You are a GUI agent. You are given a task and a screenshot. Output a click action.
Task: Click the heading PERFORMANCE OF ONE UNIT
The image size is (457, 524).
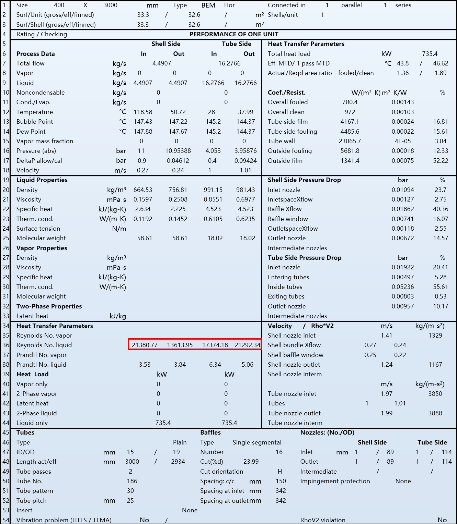tap(234, 34)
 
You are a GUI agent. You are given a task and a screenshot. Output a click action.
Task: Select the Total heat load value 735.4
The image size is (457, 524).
tap(430, 54)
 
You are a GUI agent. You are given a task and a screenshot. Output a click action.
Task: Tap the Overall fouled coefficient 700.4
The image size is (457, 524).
tap(350, 102)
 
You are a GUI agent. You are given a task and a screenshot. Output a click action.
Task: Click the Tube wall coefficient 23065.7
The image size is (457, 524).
tap(350, 141)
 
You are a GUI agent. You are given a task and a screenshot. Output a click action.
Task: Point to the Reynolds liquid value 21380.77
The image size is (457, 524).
tap(145, 345)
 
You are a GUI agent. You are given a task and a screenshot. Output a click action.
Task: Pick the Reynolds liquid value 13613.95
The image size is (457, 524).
tap(180, 345)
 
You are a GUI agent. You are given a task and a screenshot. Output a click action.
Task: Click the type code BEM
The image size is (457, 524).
tap(208, 5)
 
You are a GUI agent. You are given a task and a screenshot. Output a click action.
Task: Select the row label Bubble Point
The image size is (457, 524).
tap(35, 122)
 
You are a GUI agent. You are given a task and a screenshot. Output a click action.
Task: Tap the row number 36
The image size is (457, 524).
tap(6, 345)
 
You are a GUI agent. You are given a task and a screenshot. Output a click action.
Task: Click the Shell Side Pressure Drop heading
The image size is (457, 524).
tap(304, 180)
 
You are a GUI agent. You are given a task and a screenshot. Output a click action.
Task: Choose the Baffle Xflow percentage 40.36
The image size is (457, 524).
tap(441, 209)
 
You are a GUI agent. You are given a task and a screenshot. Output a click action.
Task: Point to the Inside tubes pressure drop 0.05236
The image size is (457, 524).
tap(403, 287)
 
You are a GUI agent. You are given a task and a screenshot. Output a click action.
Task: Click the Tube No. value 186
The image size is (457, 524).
tap(132, 481)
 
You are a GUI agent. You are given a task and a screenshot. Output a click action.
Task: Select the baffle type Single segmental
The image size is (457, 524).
tap(257, 442)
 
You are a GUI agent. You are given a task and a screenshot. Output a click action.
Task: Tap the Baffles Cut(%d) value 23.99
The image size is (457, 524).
tap(251, 462)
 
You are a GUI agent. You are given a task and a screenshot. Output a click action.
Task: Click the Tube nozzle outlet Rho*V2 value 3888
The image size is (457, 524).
tap(435, 413)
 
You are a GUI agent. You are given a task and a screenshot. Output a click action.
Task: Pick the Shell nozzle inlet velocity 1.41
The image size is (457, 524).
tap(387, 336)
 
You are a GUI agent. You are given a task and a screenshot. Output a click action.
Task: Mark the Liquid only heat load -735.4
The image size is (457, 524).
tap(162, 423)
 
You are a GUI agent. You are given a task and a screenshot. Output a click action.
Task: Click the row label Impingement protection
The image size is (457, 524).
tap(335, 481)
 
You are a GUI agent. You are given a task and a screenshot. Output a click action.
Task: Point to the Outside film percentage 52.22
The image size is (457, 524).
tap(441, 161)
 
